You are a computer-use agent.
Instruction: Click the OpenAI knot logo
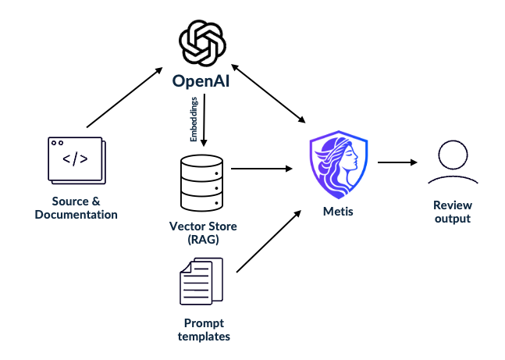click(x=203, y=45)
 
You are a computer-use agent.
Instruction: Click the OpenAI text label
click(x=203, y=80)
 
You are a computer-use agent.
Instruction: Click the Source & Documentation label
click(x=76, y=208)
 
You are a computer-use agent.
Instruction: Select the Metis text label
click(x=337, y=211)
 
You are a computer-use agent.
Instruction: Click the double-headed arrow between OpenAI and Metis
click(x=268, y=94)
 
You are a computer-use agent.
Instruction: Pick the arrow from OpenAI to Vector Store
click(x=204, y=121)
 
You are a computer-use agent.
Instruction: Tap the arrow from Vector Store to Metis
click(x=261, y=168)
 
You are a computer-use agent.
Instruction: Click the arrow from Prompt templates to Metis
click(x=268, y=241)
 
